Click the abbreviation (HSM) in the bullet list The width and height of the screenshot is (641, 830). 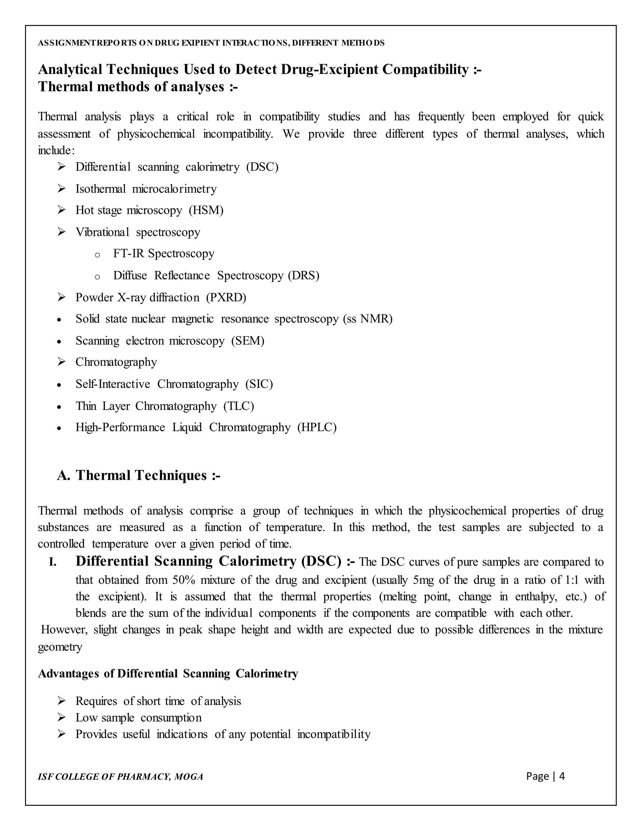click(x=206, y=210)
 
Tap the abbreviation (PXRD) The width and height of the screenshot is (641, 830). click(x=226, y=297)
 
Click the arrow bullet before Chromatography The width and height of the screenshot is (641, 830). click(x=62, y=362)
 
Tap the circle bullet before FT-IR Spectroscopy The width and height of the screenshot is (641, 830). click(x=97, y=255)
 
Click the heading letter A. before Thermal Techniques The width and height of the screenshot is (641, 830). click(x=64, y=475)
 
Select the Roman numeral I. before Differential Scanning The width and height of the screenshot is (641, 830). click(x=53, y=563)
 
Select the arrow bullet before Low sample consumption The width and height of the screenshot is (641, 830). click(x=62, y=718)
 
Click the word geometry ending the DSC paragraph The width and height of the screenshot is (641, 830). click(x=60, y=647)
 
